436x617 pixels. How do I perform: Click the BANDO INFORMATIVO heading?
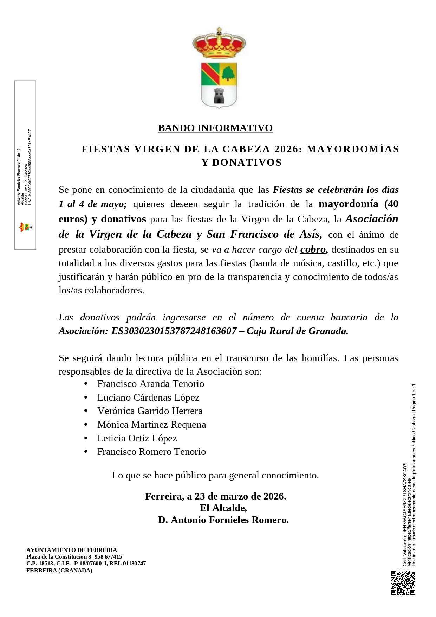215,128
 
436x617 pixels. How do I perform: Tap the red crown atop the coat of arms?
219,44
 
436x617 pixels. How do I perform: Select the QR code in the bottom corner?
403,583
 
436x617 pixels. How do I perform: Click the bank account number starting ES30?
174,331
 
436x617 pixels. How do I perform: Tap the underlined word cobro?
313,249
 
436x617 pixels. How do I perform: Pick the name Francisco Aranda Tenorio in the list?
151,384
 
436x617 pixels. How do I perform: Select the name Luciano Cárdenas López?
148,397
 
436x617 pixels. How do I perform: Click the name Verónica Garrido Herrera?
150,411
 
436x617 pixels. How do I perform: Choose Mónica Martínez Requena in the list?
152,425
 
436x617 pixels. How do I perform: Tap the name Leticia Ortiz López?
137,438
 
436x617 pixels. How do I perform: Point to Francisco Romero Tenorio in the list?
152,452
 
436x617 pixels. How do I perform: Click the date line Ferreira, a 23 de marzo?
215,496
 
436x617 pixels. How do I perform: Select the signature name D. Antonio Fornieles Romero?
223,520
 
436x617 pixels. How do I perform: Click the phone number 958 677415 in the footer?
108,557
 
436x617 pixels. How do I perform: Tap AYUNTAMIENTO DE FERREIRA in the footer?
72,550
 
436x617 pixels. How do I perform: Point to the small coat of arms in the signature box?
25,227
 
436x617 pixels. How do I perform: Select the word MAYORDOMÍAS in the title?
353,149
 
